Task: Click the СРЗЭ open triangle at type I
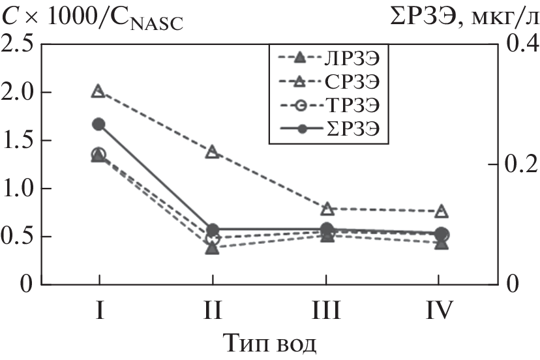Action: [98, 91]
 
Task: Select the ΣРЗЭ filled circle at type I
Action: [98, 124]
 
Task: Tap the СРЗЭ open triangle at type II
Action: [212, 151]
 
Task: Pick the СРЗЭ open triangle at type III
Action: [327, 208]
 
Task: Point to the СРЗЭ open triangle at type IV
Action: [442, 211]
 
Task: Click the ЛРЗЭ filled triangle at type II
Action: [212, 248]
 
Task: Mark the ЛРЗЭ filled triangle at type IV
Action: [442, 243]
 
